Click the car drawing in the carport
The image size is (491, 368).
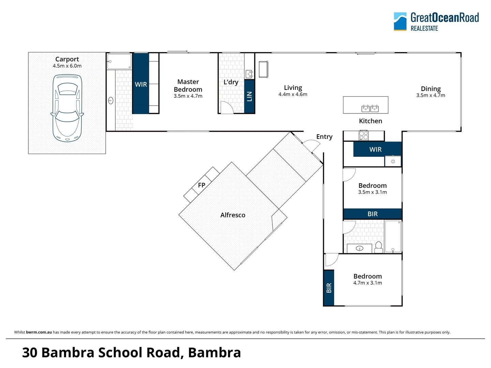(67, 108)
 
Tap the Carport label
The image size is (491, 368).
(67, 59)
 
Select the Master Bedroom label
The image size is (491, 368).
(188, 86)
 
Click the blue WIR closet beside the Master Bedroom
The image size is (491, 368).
(140, 84)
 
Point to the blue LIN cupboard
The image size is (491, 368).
(249, 96)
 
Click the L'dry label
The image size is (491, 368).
(231, 82)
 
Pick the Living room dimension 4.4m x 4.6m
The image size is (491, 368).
(293, 94)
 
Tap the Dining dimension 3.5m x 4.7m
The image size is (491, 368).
(430, 95)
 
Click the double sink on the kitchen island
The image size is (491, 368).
(370, 108)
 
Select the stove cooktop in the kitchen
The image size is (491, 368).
(364, 136)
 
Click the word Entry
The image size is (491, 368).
(324, 137)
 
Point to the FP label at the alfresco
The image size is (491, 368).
(202, 185)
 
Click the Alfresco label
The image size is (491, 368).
(233, 215)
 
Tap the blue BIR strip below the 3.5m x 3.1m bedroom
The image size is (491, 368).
(372, 214)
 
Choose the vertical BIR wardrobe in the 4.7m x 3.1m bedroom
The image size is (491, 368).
(329, 288)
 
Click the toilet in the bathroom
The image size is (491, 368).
(378, 247)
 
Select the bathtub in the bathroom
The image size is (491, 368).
(393, 236)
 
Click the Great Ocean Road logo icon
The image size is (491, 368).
(400, 21)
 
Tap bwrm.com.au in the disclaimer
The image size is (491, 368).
(39, 332)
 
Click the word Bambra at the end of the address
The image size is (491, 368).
(214, 353)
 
